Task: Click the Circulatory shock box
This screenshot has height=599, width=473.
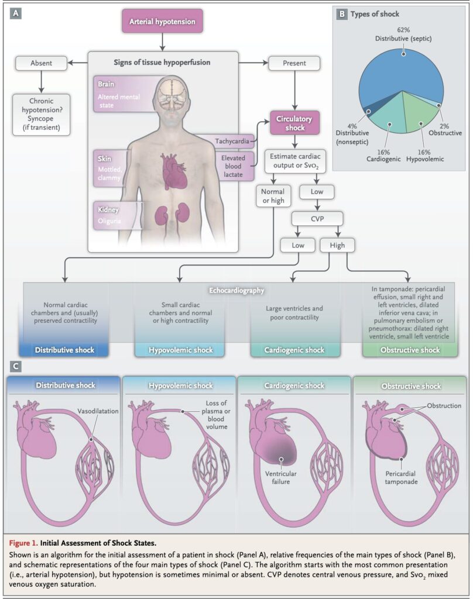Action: (294, 123)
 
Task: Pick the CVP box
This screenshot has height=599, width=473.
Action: (317, 219)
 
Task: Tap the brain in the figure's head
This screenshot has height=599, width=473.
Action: (173, 94)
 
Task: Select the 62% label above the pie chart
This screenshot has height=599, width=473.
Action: (403, 30)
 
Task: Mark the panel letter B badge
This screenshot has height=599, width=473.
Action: (342, 14)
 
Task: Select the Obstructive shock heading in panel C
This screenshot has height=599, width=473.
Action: (410, 386)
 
